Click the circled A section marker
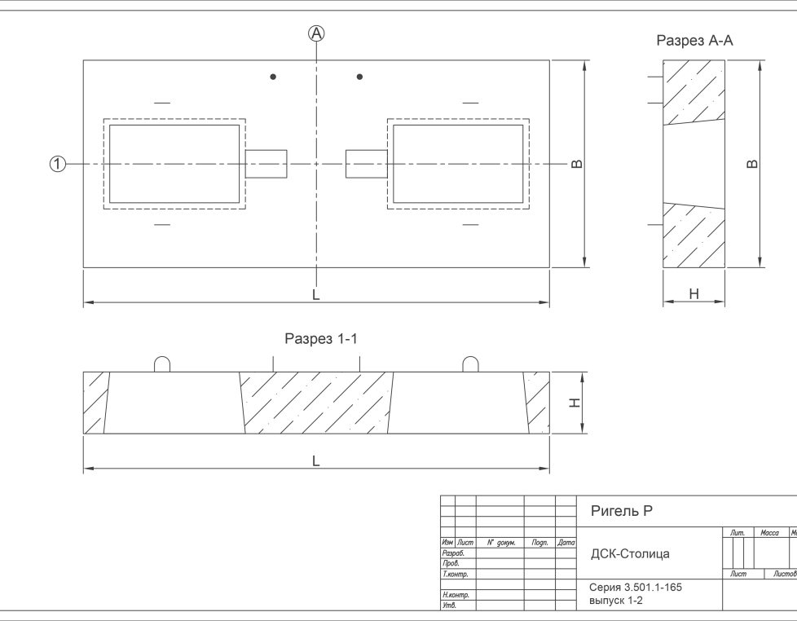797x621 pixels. (x=316, y=33)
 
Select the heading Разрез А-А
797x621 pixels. (x=694, y=41)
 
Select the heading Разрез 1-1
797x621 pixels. (x=321, y=339)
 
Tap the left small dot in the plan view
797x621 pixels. (x=273, y=77)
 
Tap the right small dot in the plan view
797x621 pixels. (x=359, y=77)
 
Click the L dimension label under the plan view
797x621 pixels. (x=316, y=294)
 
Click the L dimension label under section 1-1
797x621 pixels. (x=316, y=460)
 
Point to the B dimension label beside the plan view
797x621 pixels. (x=577, y=164)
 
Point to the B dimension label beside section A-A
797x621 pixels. (x=752, y=164)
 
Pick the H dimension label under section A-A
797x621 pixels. (x=694, y=293)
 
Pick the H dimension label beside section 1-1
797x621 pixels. (x=575, y=403)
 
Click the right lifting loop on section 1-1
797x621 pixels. (x=470, y=363)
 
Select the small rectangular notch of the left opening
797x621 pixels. (x=266, y=164)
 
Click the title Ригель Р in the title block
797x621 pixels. (x=621, y=511)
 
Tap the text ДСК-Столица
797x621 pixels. (x=630, y=554)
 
